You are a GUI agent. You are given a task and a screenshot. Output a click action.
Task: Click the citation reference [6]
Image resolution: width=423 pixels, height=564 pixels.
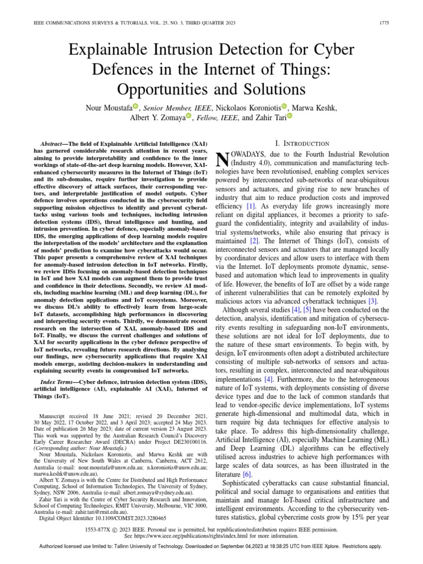[x=247, y=474]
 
